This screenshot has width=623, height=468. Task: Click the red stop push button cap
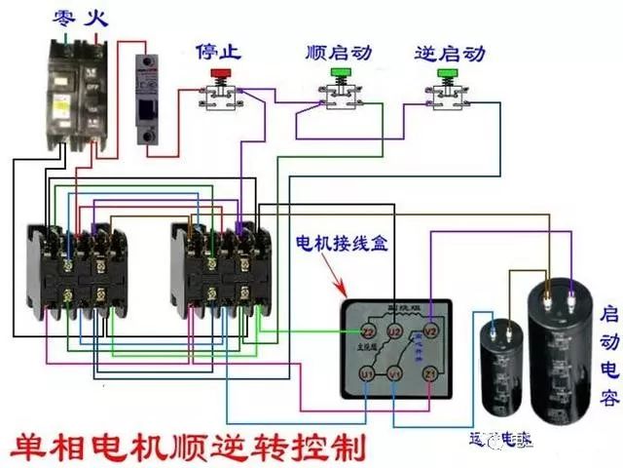[x=220, y=72]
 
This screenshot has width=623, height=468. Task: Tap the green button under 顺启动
[x=341, y=72]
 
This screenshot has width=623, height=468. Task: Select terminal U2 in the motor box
[x=394, y=332]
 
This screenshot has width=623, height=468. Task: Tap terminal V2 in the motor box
[x=434, y=331]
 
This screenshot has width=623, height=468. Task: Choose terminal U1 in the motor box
[x=367, y=373]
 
